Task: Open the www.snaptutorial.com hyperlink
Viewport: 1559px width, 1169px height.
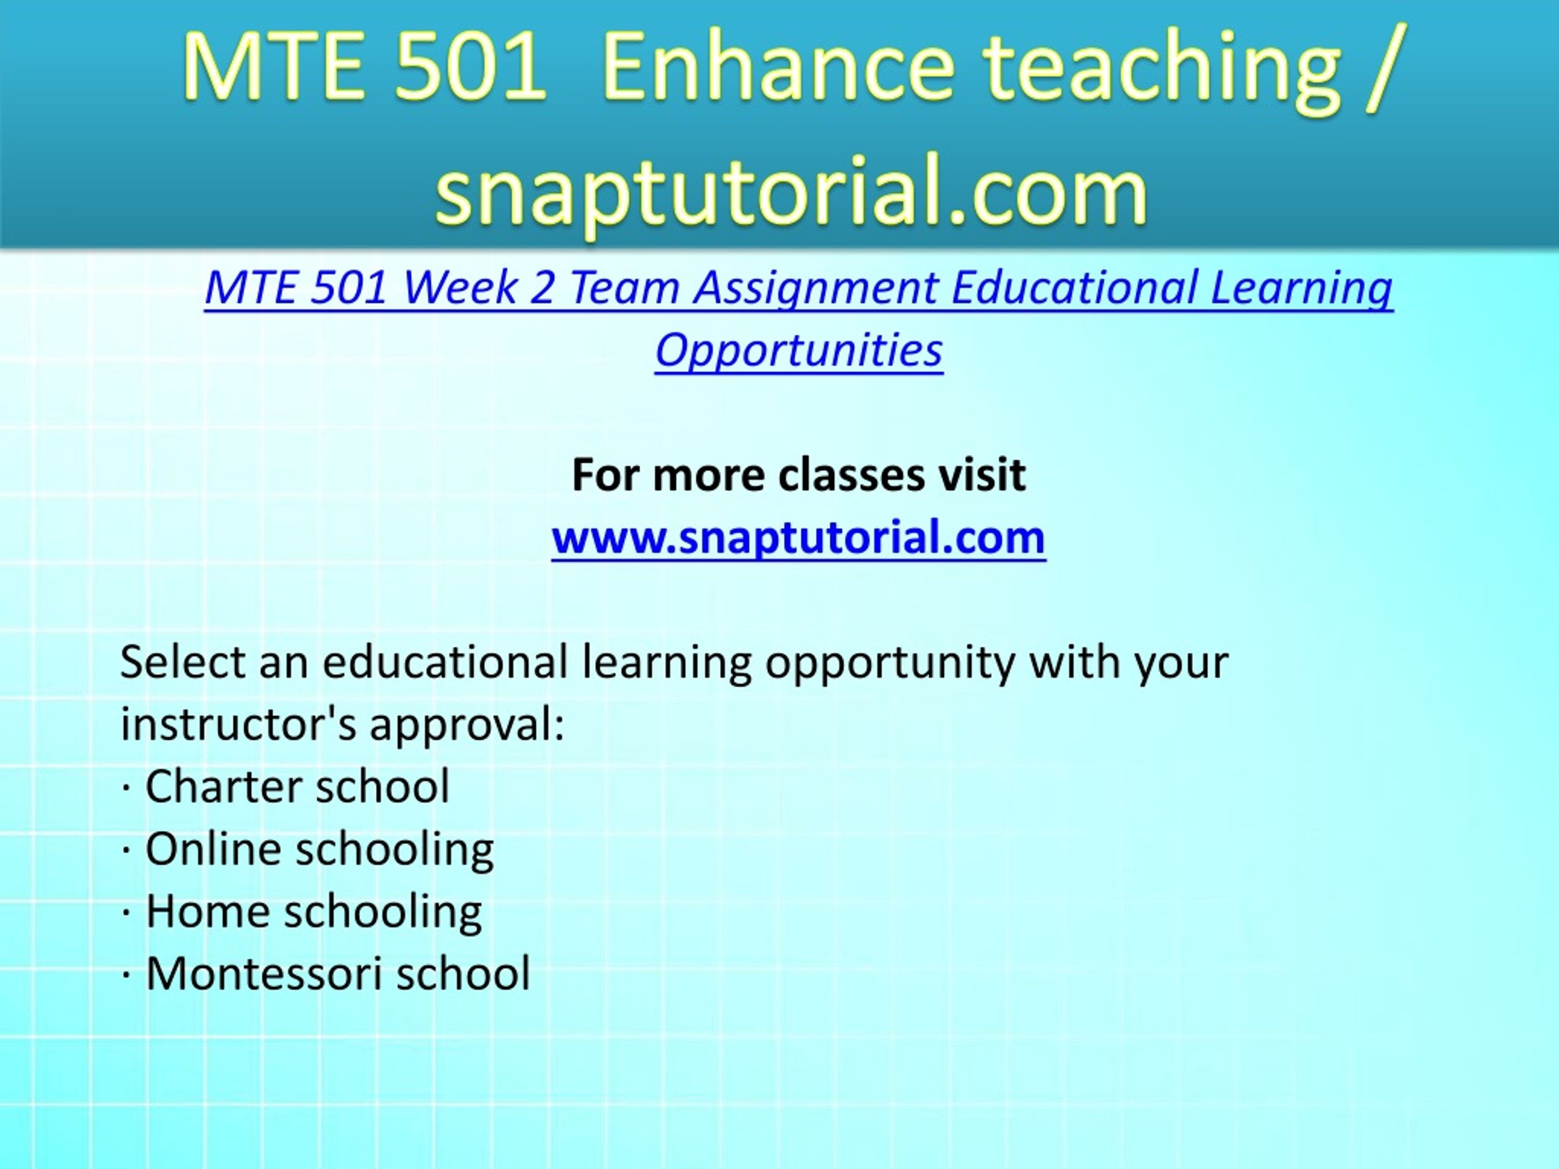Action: (x=798, y=538)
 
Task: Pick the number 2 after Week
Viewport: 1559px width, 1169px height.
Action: (x=542, y=287)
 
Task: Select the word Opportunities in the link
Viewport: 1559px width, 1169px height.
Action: (x=798, y=351)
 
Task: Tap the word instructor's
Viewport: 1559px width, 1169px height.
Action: (x=239, y=724)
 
